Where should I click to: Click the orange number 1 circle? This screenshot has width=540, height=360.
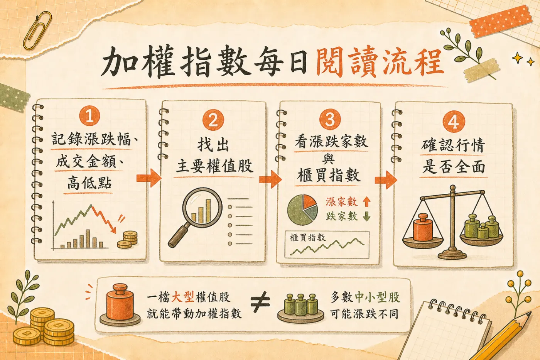[x=89, y=116]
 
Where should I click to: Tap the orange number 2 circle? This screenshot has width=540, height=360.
[x=213, y=120]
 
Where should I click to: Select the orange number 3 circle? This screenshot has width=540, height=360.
[x=330, y=118]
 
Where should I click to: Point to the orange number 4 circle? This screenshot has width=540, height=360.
[x=454, y=122]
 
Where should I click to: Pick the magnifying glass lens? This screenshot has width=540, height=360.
[x=202, y=207]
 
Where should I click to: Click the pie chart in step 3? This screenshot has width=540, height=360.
[x=302, y=210]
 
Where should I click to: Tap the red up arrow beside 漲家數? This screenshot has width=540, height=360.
[x=367, y=201]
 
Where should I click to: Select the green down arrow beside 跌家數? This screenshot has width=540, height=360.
[x=367, y=216]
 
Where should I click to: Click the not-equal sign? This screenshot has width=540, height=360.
[x=260, y=302]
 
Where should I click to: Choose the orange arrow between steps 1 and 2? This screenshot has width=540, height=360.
[x=149, y=178]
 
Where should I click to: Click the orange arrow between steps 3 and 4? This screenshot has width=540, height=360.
[x=386, y=180]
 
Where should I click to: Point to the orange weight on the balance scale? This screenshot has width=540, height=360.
[x=423, y=227]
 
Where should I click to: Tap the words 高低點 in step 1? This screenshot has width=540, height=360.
[x=89, y=183]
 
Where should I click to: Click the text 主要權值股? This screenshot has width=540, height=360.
[x=214, y=166]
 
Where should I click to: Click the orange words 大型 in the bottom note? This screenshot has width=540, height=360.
[x=182, y=297]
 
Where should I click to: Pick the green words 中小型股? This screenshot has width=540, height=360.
[x=377, y=297]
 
